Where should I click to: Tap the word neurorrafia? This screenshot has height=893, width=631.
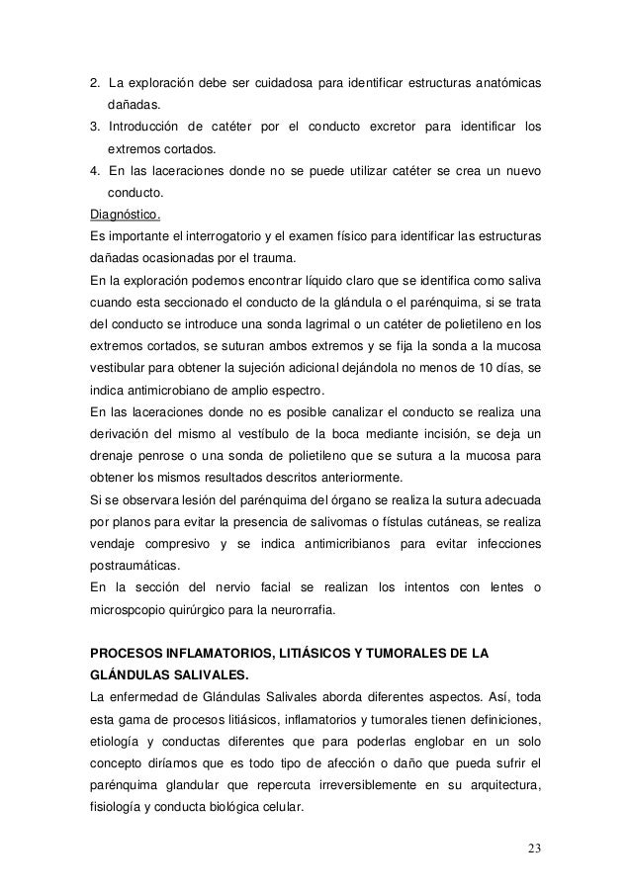tap(301, 610)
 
